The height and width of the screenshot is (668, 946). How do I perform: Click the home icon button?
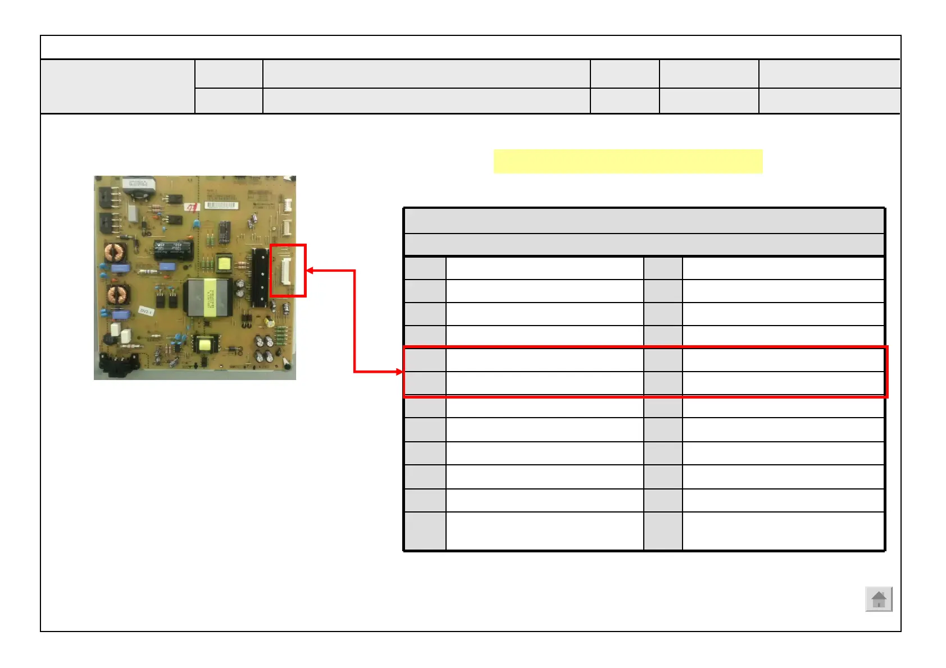pyautogui.click(x=879, y=600)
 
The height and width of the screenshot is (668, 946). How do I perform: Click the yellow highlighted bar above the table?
pyautogui.click(x=627, y=162)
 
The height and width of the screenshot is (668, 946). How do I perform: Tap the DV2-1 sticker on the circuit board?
pyautogui.click(x=146, y=311)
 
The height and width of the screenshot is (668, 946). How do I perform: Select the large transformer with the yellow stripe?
pyautogui.click(x=206, y=297)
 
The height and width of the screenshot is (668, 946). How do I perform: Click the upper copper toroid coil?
pyautogui.click(x=115, y=253)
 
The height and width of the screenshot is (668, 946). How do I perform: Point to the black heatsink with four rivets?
pyautogui.click(x=260, y=277)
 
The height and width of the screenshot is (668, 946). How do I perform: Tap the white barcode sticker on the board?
pyautogui.click(x=221, y=205)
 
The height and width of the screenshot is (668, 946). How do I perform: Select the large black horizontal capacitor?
pyautogui.click(x=173, y=250)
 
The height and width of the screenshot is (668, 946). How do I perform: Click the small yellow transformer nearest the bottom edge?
pyautogui.click(x=204, y=344)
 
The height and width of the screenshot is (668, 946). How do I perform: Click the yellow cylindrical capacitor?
pyautogui.click(x=270, y=321)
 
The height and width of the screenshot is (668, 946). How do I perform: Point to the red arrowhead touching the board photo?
pyautogui.click(x=310, y=271)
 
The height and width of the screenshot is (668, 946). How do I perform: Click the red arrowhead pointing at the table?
pyautogui.click(x=400, y=372)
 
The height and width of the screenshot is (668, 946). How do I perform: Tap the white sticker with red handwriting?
pyautogui.click(x=193, y=207)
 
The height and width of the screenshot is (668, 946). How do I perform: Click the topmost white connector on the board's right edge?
pyautogui.click(x=288, y=205)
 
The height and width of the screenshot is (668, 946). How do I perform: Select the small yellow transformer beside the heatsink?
pyautogui.click(x=224, y=263)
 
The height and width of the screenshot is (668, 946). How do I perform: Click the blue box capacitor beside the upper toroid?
pyautogui.click(x=120, y=268)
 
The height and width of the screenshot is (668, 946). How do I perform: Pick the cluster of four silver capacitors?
pyautogui.click(x=264, y=348)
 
